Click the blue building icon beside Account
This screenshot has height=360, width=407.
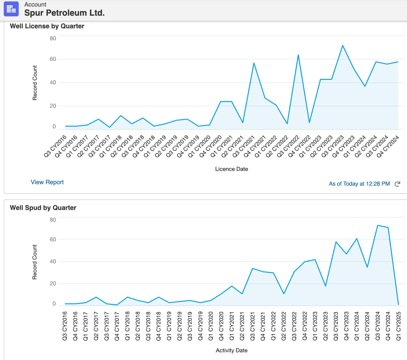[x=11, y=9]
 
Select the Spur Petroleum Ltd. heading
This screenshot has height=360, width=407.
[x=64, y=13]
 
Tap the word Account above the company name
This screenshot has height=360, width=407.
[x=35, y=5]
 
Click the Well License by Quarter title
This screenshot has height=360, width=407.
[x=47, y=26]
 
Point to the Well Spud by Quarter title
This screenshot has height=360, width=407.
[x=43, y=208]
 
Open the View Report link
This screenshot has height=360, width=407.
[x=47, y=182]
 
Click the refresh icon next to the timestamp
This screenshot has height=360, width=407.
[x=397, y=184]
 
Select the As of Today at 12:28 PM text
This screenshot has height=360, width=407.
[x=359, y=184]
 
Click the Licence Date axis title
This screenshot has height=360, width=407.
[x=231, y=169]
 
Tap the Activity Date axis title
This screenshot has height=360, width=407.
[x=231, y=350]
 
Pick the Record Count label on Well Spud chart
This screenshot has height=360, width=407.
[x=35, y=262]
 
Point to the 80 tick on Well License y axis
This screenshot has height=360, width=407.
[x=53, y=38]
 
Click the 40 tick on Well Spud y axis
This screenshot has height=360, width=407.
[x=53, y=261]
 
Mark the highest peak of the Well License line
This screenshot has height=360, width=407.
[x=343, y=45]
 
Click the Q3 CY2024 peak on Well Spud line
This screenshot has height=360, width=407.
[x=378, y=225]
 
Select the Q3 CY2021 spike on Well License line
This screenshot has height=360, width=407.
[x=254, y=63]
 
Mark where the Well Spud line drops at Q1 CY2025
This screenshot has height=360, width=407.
[x=398, y=304]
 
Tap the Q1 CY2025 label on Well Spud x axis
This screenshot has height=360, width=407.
[x=398, y=326]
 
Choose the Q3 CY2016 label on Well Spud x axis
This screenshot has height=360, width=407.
[x=65, y=326]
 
